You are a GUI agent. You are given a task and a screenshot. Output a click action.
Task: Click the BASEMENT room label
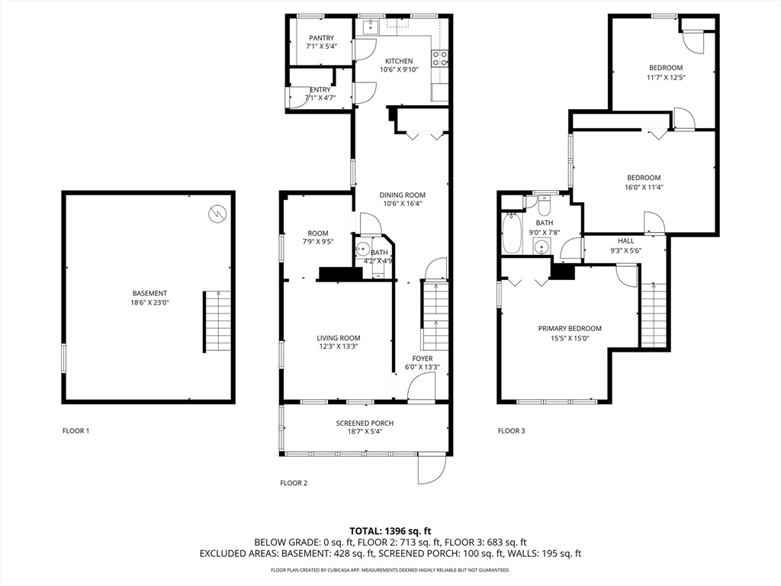click(x=149, y=293)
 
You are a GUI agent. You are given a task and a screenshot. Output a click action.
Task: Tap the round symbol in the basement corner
click(x=217, y=213)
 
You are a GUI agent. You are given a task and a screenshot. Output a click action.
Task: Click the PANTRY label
click(x=321, y=38)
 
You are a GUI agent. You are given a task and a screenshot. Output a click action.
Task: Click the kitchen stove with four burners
click(x=440, y=58)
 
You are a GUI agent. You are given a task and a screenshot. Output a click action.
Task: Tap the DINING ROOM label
click(x=402, y=195)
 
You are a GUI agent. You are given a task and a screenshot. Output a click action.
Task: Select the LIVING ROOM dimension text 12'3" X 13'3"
click(x=338, y=346)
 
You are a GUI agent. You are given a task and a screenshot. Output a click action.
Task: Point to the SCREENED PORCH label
click(x=365, y=423)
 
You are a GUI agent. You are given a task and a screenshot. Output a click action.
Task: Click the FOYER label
click(x=422, y=359)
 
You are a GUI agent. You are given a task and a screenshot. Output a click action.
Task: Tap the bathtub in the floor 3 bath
click(x=511, y=233)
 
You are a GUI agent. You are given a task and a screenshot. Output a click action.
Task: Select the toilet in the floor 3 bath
click(x=545, y=206)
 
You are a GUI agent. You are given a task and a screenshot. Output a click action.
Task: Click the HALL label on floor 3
click(x=625, y=240)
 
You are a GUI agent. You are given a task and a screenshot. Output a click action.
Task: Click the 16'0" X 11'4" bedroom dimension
click(x=644, y=187)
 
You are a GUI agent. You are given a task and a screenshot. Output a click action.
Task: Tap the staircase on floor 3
click(x=654, y=314)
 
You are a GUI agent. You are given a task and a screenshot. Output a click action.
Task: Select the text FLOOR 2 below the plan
click(x=294, y=483)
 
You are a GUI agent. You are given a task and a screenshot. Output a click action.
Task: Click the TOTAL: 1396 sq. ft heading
click(x=390, y=530)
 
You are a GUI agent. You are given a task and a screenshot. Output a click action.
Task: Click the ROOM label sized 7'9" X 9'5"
click(x=318, y=233)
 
